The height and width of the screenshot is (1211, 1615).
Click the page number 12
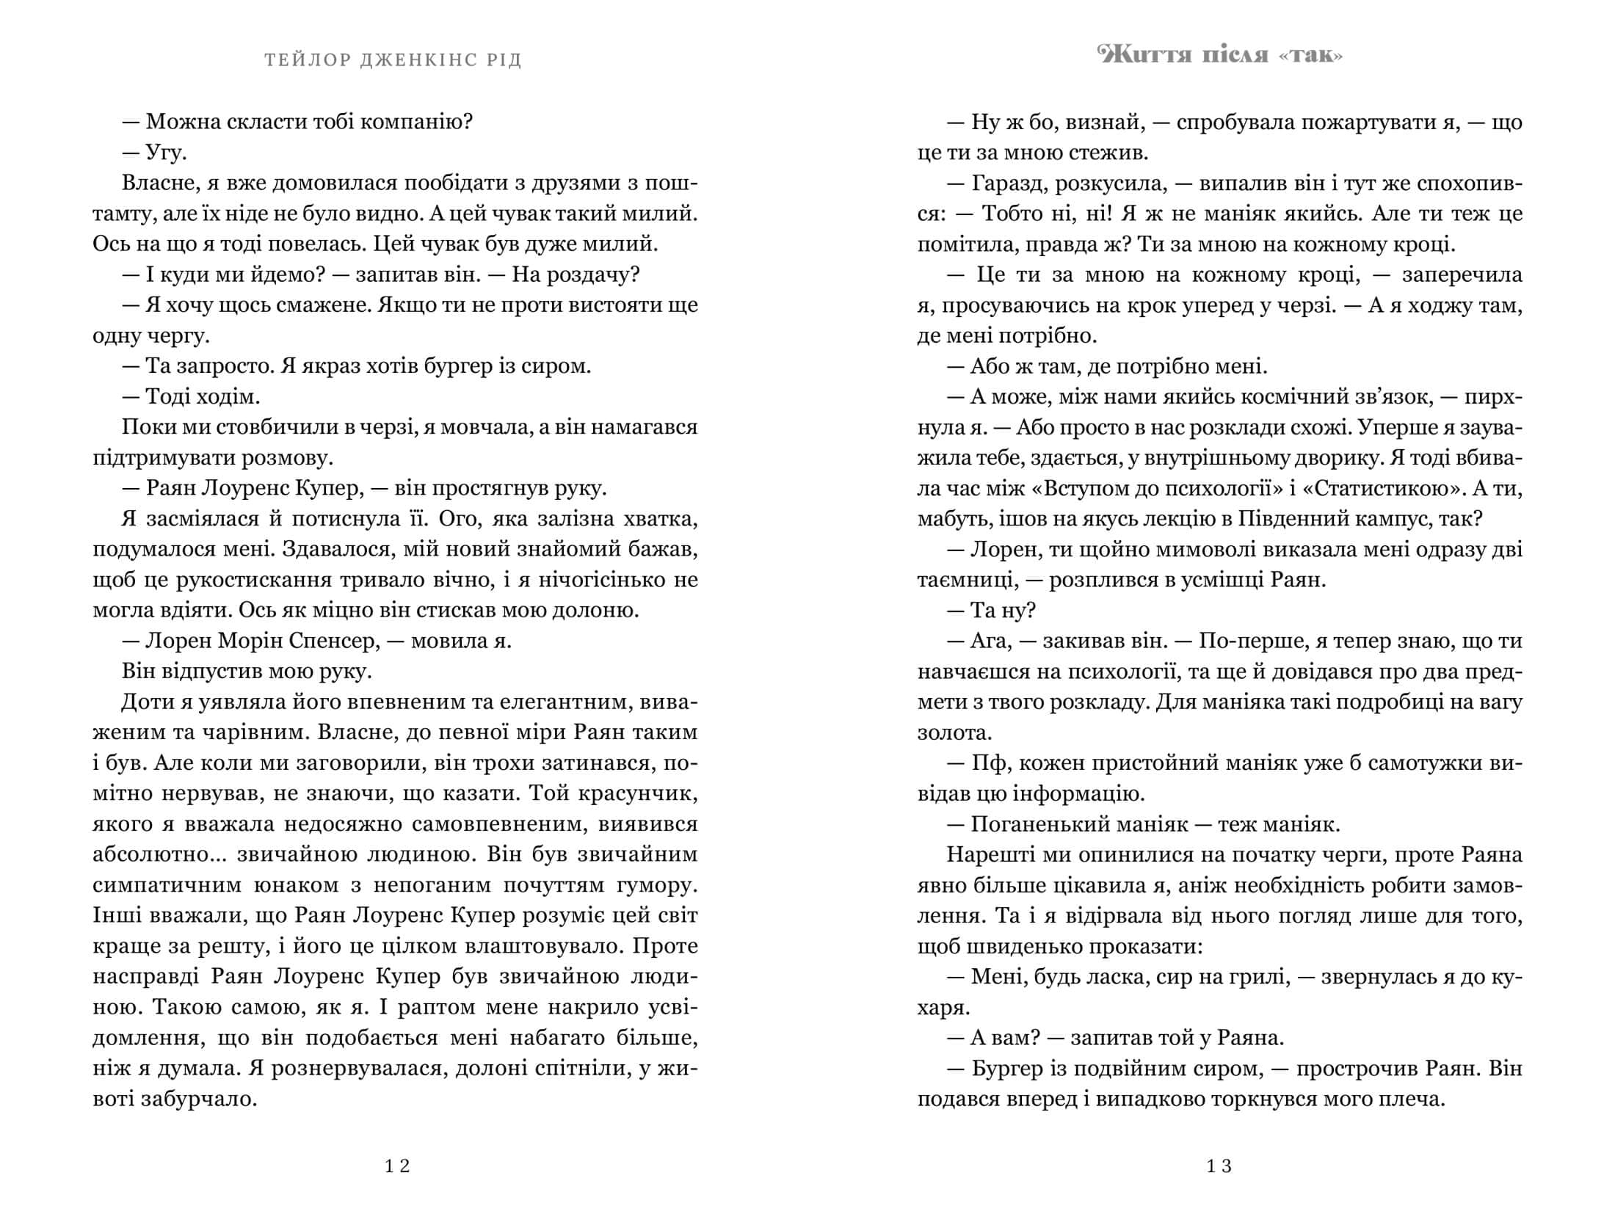pyautogui.click(x=397, y=1166)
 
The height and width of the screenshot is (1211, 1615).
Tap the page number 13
pyautogui.click(x=1219, y=1166)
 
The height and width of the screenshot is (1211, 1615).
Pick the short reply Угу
pyautogui.click(x=166, y=153)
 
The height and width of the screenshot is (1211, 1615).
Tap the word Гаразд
pyautogui.click(x=1007, y=183)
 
